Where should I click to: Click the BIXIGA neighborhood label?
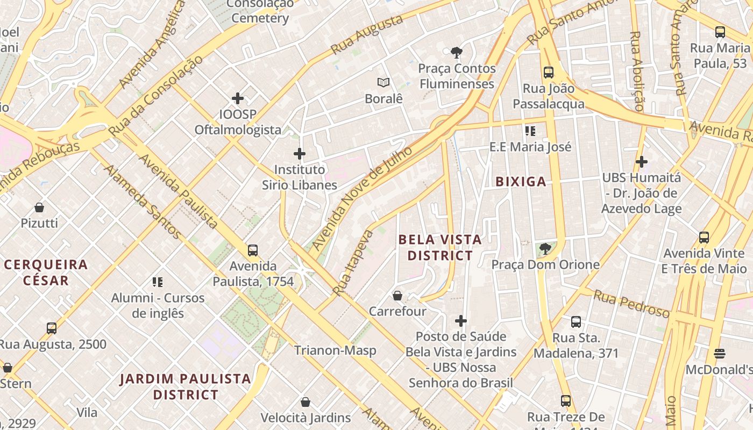(521, 182)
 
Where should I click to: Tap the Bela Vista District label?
(440, 247)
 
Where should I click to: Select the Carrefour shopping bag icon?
(397, 296)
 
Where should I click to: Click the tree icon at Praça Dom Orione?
(545, 249)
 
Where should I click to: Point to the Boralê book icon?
(383, 83)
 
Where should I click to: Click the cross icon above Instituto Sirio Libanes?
(300, 154)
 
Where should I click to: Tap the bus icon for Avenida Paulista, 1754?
(253, 250)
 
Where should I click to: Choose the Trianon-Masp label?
(335, 350)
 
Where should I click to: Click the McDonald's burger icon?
(720, 354)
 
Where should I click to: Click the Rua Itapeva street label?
(353, 263)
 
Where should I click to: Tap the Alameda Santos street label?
(142, 202)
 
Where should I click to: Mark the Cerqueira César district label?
(46, 272)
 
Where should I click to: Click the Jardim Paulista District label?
(186, 386)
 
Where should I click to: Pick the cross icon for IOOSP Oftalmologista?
(238, 98)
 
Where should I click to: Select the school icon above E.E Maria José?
(530, 131)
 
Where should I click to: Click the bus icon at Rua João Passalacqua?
(549, 72)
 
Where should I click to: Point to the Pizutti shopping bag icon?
(39, 207)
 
